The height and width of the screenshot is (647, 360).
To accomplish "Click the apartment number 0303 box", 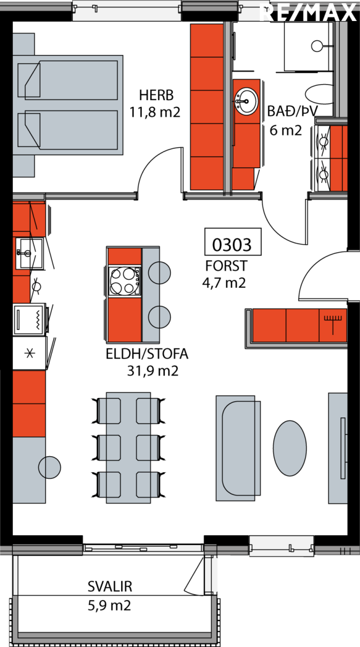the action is click(233, 242).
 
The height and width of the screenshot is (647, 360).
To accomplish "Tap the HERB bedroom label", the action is click(156, 95).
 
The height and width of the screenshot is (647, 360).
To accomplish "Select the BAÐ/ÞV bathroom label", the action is click(292, 111).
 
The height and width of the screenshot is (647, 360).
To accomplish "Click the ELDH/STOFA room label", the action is click(147, 354).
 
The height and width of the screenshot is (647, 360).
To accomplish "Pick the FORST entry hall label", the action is click(226, 266).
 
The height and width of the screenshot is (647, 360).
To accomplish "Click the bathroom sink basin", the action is click(246, 101).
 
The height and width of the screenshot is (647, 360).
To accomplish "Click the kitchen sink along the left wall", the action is click(29, 253).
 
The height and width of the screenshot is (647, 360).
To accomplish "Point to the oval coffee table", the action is click(290, 448).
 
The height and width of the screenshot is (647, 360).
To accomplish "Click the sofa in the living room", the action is click(238, 448).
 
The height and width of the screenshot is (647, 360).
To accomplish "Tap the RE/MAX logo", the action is click(308, 12).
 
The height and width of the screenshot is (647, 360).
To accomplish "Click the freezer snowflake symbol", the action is click(30, 353).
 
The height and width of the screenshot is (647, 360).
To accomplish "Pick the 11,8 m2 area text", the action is click(155, 112).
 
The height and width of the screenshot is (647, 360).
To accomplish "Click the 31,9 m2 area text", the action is click(153, 371).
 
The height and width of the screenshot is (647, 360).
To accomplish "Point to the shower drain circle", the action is click(317, 46).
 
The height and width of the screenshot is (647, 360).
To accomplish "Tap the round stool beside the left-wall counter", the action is click(50, 467).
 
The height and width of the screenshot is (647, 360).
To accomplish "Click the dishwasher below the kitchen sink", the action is click(29, 319).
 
